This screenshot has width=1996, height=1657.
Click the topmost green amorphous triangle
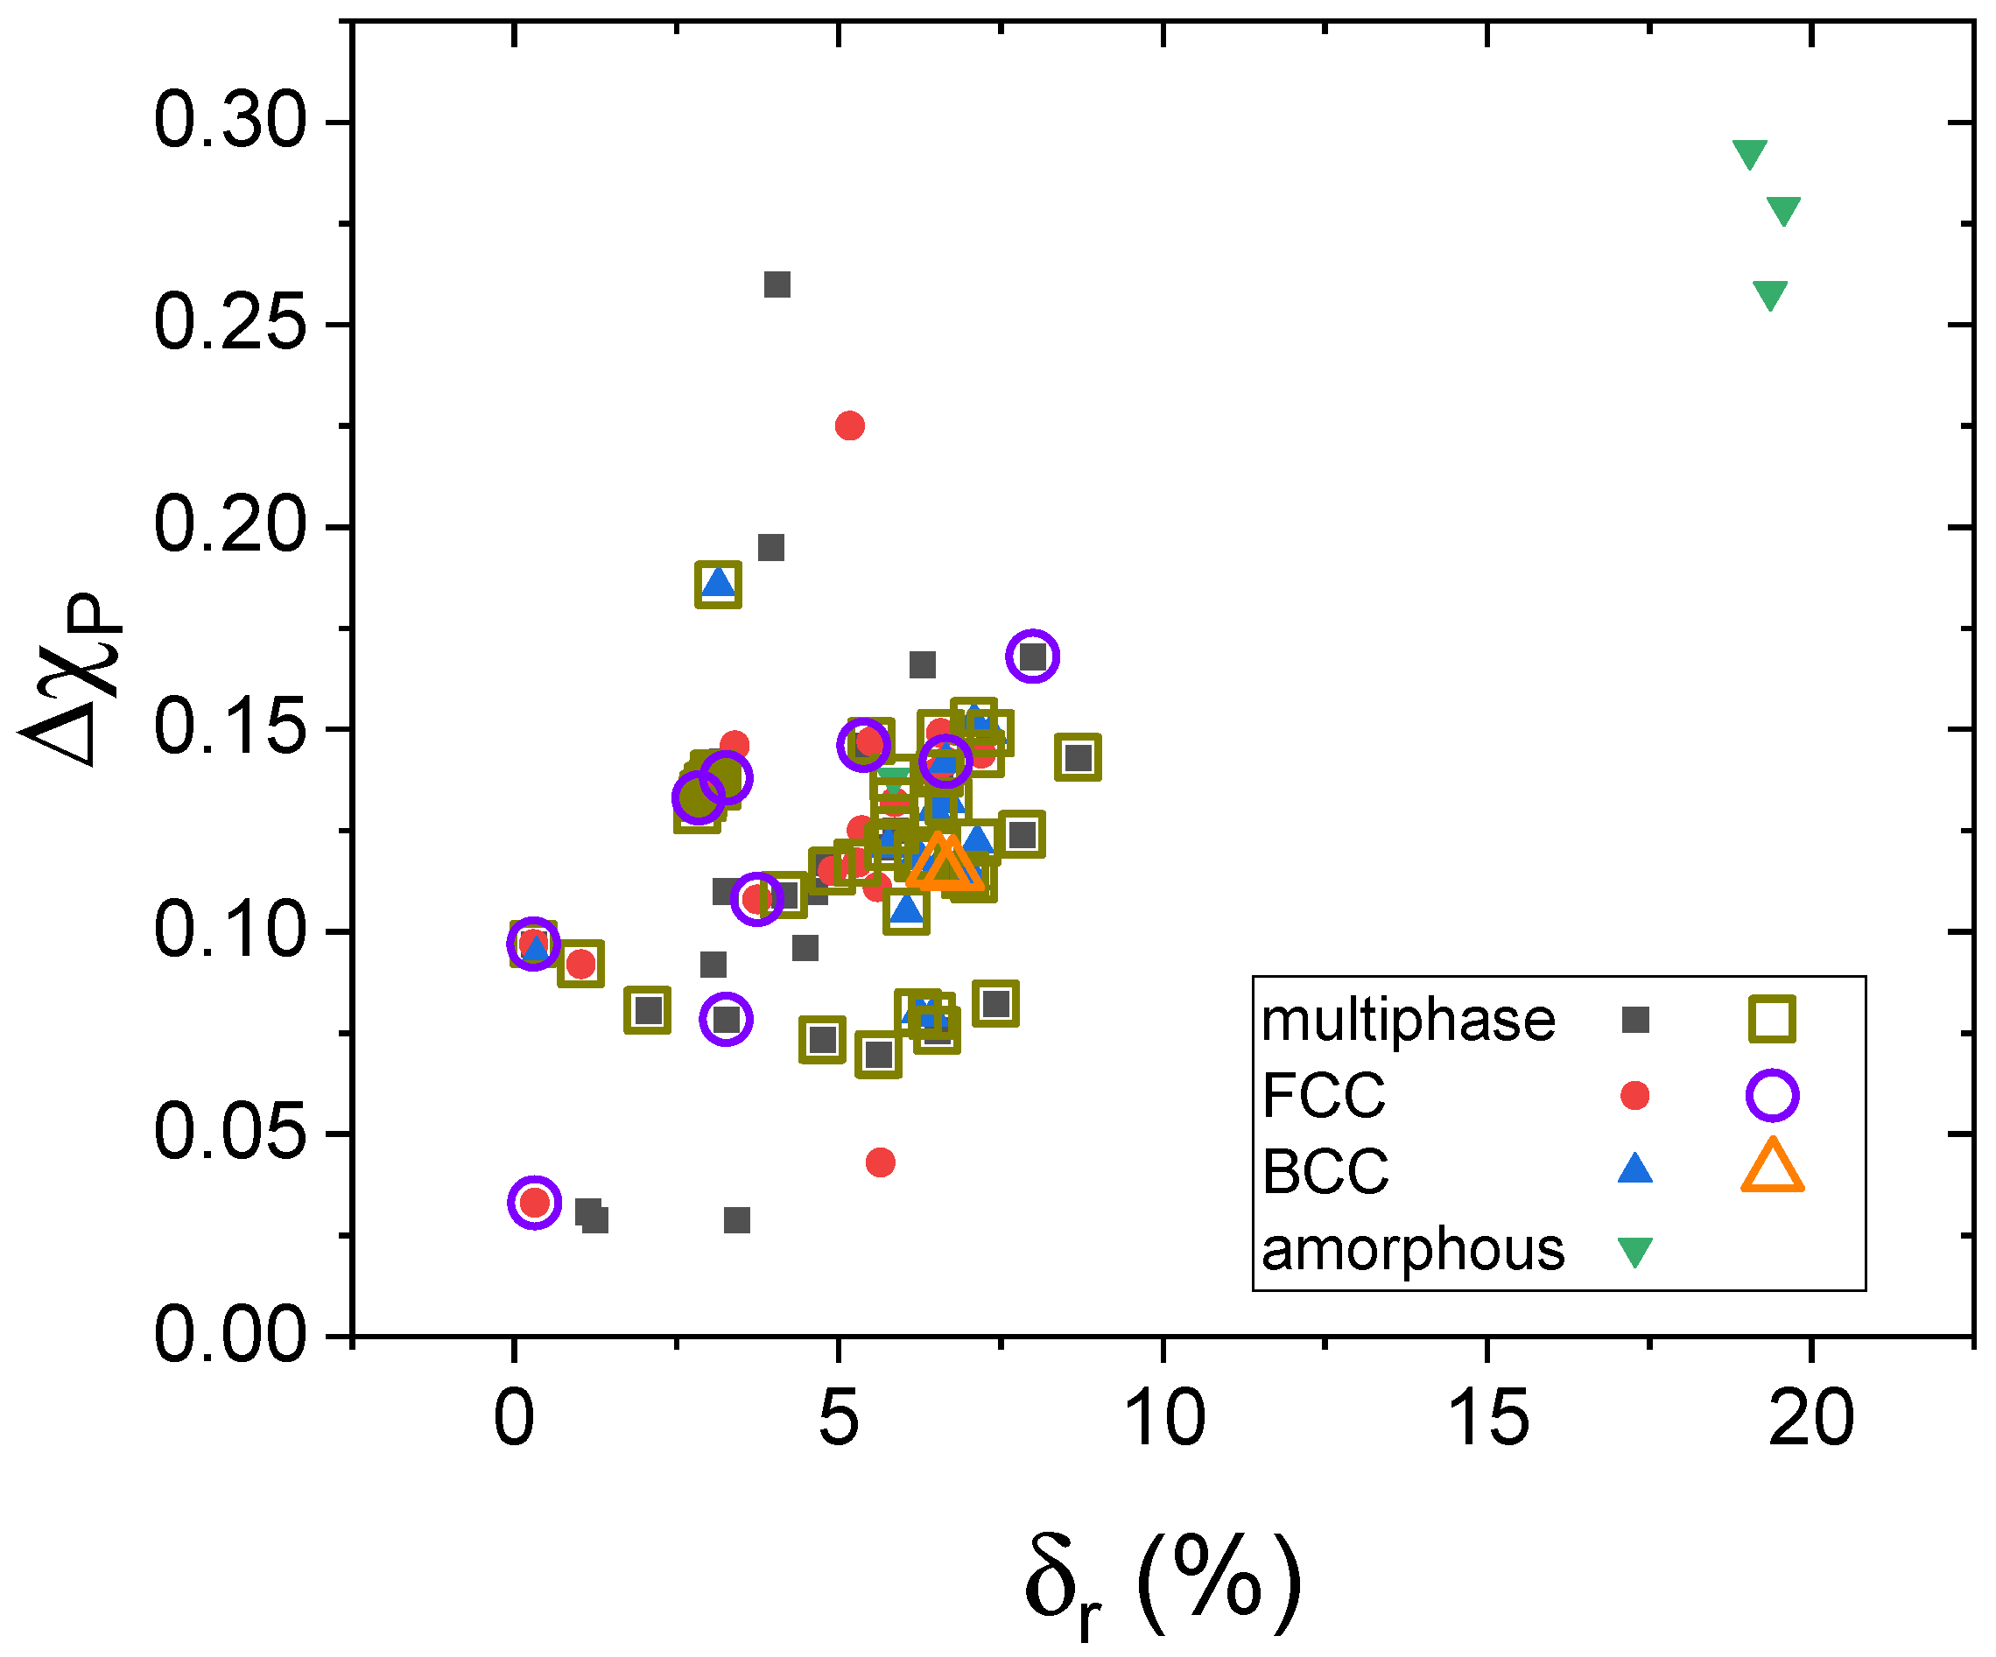1750,153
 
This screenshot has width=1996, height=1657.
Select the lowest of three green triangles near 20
1770,294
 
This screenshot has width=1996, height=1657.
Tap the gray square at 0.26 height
777,284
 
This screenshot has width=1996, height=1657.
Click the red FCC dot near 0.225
850,425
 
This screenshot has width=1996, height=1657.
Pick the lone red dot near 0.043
880,1162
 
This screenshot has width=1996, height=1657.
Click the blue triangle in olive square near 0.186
719,583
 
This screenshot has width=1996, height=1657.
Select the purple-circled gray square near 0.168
1033,656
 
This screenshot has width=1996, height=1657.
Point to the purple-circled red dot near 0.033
535,1203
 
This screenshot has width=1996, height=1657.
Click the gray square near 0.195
771,547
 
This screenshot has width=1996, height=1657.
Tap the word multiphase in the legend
1408,1022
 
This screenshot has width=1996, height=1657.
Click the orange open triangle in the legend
1772,1167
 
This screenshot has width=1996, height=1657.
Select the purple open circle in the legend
1772,1096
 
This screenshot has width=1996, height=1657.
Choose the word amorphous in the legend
1412,1249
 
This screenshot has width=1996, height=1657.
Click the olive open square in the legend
1772,1020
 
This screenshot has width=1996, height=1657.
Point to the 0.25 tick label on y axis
230,324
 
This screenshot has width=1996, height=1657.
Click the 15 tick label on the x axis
1486,1420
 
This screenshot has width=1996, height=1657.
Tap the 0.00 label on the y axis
230,1335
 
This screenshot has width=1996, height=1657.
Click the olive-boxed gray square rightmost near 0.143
1078,757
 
